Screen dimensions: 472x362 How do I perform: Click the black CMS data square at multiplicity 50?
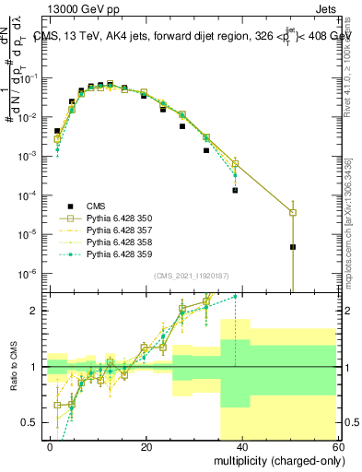tap(293, 247)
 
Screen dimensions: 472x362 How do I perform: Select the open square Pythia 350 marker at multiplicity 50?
tap(293, 213)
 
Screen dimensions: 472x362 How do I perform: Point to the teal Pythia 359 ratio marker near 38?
tap(235, 296)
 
